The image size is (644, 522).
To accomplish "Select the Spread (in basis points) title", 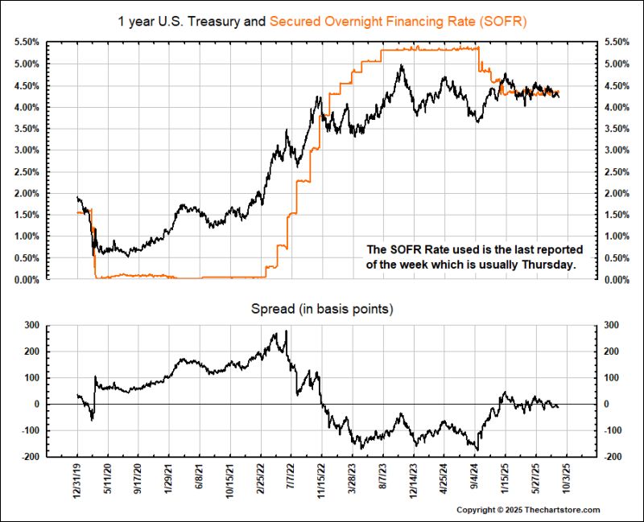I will [x=322, y=308].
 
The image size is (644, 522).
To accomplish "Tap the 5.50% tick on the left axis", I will [x=27, y=42].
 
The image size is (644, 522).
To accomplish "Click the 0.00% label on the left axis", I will [x=27, y=279].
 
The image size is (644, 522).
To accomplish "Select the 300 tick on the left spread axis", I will [x=32, y=325].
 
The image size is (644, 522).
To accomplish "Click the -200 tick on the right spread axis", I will [x=609, y=457].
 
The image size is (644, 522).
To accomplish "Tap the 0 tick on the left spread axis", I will [x=37, y=404].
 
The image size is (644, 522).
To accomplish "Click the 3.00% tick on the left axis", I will [x=27, y=150].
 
